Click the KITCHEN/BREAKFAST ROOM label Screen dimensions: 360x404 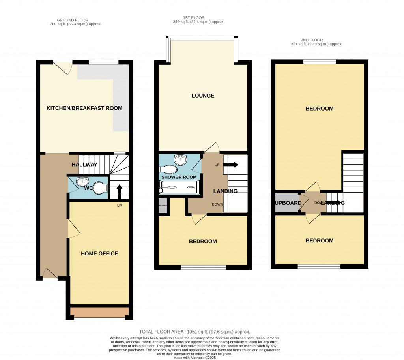[84, 108]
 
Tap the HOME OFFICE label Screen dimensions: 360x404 [99, 253]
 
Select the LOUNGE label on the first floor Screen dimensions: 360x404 [203, 96]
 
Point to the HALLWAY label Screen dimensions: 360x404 [84, 165]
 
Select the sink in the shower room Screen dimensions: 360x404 [181, 159]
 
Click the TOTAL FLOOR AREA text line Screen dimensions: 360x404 [195, 332]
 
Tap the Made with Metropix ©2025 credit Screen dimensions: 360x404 [195, 358]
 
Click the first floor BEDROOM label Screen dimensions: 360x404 [203, 241]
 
